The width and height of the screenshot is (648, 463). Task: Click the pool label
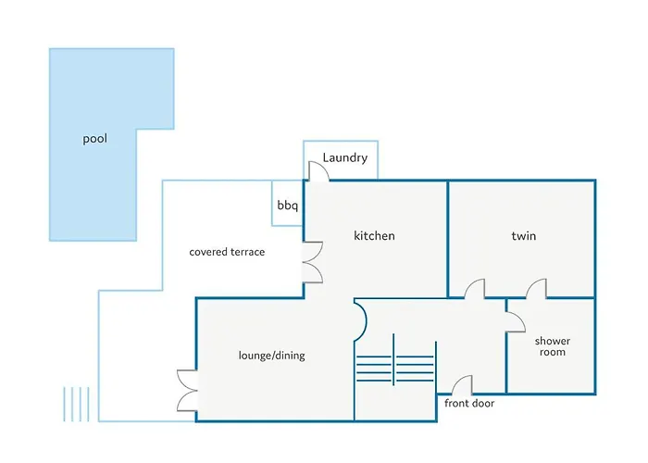(x=95, y=140)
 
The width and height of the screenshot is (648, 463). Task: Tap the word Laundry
(x=345, y=157)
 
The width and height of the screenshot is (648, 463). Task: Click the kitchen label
(x=374, y=236)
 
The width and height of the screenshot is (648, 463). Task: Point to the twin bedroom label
(x=523, y=236)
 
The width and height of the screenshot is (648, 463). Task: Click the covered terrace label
(x=227, y=252)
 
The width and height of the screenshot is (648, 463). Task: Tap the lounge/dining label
(x=271, y=356)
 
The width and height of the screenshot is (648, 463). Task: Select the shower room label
(x=553, y=346)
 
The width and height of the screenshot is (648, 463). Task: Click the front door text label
(x=469, y=404)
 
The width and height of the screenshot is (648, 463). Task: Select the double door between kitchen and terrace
(x=313, y=261)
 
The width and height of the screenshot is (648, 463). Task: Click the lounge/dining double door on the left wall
(x=187, y=390)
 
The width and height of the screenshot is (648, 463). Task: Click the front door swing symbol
(x=462, y=384)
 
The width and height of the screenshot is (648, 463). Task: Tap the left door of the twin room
(x=473, y=289)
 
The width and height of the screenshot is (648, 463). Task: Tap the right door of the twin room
(x=536, y=289)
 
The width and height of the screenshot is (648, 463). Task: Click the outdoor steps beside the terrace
(x=77, y=405)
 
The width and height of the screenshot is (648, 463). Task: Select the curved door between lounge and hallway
(x=361, y=319)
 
